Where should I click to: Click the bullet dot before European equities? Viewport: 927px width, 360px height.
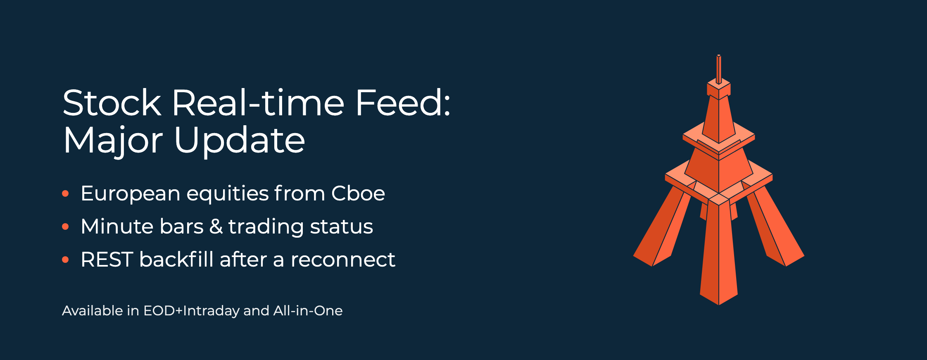65,193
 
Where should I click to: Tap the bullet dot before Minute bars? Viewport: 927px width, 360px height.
65,226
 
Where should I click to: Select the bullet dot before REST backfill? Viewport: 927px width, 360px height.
65,260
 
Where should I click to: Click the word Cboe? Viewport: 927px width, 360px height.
358,193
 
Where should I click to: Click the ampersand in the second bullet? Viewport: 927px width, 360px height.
216,226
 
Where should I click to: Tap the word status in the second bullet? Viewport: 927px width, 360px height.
342,226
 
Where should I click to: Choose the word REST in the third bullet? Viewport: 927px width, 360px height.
107,260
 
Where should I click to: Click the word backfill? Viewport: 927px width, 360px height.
176,259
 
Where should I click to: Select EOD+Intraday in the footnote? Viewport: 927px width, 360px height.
191,311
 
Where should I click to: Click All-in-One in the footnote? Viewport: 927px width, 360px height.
308,310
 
